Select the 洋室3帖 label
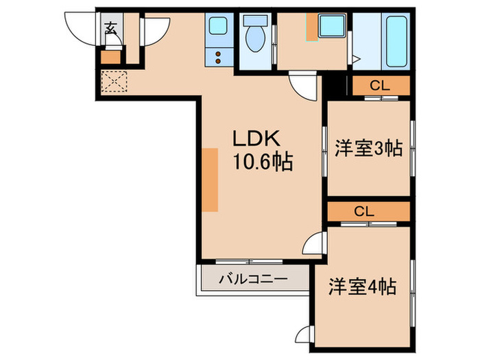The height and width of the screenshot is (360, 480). [x=368, y=147]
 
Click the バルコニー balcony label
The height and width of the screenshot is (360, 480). [x=254, y=280]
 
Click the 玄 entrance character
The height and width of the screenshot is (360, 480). [x=110, y=28]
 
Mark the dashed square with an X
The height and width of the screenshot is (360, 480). [x=112, y=83]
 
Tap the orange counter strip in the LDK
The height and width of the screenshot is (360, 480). [x=211, y=180]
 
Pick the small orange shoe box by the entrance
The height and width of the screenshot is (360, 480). [x=110, y=57]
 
